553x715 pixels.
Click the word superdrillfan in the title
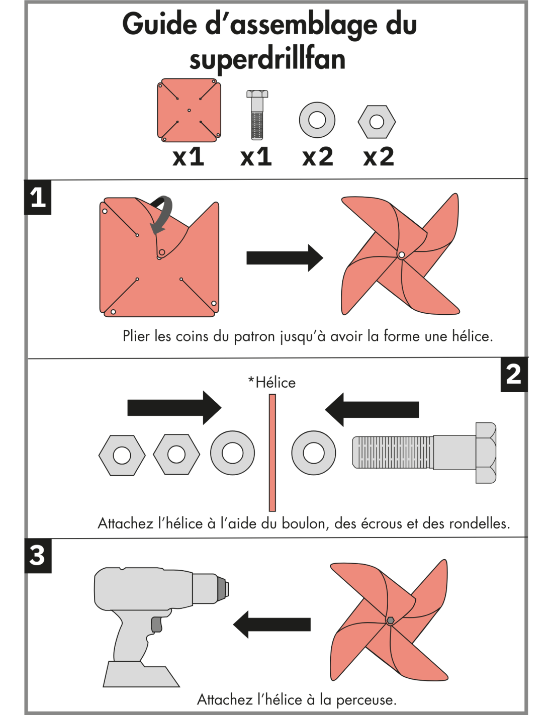(267, 60)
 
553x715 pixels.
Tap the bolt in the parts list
(257, 115)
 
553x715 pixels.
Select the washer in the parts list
(317, 120)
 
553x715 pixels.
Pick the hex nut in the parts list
(377, 122)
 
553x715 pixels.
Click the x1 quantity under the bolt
(256, 157)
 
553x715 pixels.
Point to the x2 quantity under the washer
(317, 157)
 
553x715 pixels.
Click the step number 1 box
(38, 198)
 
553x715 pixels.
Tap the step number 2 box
(514, 375)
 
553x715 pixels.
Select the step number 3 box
(38, 556)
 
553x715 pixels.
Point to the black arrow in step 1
(285, 258)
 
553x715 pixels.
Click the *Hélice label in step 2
(272, 383)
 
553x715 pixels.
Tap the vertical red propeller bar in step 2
(272, 453)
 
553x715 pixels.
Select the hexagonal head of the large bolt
(486, 453)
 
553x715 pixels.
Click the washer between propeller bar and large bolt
(314, 453)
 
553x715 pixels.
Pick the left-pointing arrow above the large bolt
(372, 409)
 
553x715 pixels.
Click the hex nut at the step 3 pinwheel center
(390, 620)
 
